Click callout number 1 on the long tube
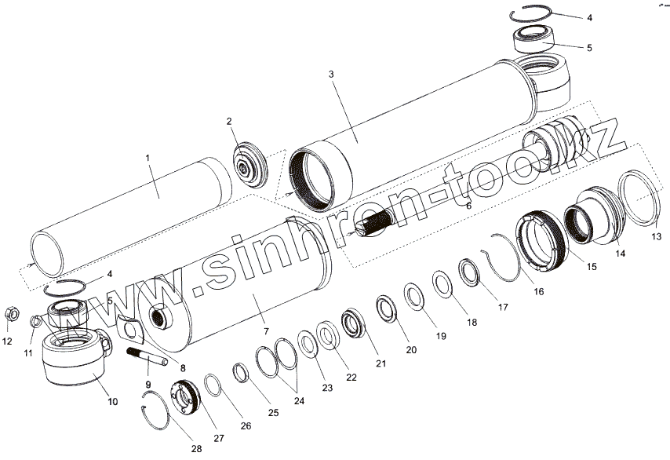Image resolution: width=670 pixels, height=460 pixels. pos(147,158)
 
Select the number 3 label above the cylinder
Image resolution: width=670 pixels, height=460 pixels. pos(331,74)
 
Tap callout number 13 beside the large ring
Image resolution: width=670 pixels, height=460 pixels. pos(656,236)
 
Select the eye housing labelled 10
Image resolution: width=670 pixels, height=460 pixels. pos(75,363)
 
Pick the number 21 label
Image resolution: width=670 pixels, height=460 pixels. pos(381,363)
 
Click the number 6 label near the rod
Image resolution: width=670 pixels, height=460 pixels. pos(468,205)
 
